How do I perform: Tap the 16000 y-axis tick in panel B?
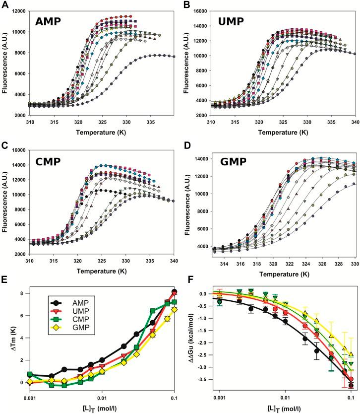[205, 11]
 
